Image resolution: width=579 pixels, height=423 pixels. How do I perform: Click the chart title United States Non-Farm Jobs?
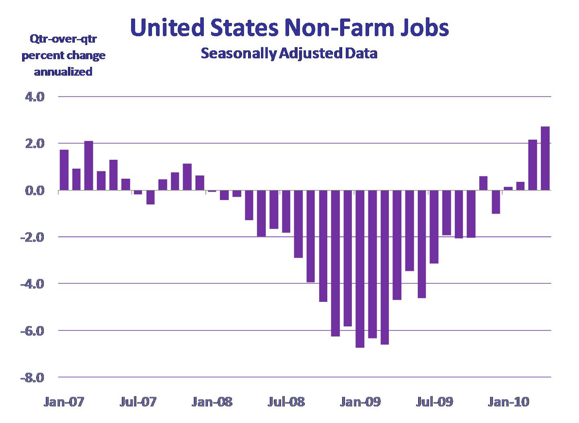(x=289, y=28)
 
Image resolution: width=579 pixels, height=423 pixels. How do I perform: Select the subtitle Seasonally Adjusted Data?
(x=289, y=53)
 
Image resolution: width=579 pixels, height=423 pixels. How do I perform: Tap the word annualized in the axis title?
(x=63, y=72)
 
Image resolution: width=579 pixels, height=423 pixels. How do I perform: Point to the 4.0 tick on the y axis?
(x=35, y=97)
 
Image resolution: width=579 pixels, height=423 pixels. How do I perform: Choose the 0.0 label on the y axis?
(x=35, y=190)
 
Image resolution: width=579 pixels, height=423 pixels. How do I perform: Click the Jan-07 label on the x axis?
(x=64, y=402)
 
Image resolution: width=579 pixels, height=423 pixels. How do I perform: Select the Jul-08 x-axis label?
(x=286, y=402)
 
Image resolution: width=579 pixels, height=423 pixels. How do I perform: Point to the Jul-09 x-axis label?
(x=434, y=402)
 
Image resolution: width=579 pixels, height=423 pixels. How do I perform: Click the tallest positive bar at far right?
(x=545, y=158)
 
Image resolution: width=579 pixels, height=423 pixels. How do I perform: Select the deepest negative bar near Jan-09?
(x=359, y=268)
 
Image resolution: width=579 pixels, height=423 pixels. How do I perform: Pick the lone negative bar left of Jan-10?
(x=496, y=202)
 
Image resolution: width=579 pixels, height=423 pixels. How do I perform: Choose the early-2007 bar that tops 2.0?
(x=89, y=165)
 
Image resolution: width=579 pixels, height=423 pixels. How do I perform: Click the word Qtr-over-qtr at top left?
(x=63, y=39)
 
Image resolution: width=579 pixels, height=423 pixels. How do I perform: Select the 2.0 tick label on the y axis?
(x=35, y=144)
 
